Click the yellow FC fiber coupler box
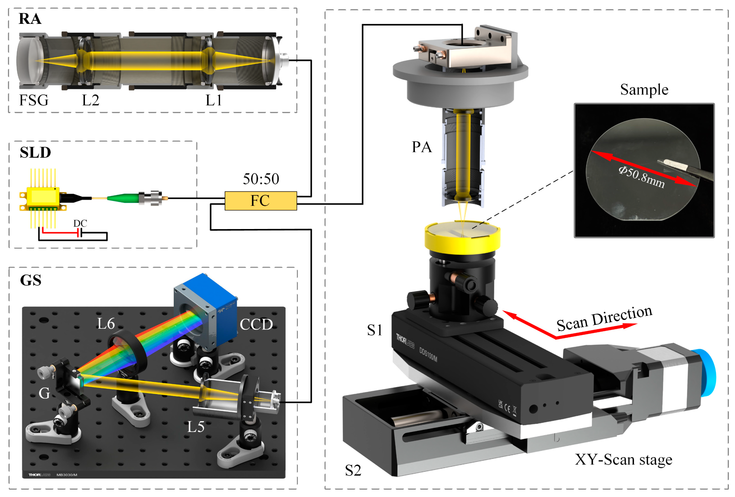261,201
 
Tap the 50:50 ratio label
261,179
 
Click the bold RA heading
30,19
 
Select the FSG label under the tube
34,101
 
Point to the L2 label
91,101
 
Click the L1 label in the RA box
214,101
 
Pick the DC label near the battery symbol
80,223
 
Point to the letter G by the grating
44,394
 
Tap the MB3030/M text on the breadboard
67,475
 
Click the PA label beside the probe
422,147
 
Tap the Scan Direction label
604,319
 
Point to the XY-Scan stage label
623,460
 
